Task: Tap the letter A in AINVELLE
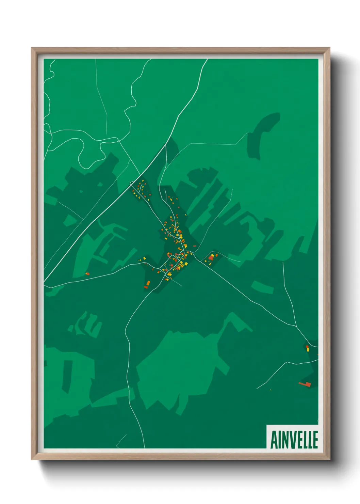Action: coord(274,440)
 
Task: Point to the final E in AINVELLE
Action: coord(315,440)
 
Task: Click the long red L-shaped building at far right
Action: coord(305,384)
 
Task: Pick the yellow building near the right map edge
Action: coord(308,349)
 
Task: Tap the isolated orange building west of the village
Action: coord(87,273)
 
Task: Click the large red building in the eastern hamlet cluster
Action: coord(211,258)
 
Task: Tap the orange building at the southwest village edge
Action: coord(148,283)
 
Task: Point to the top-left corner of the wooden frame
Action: coord(32,48)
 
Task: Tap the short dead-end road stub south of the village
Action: coord(178,283)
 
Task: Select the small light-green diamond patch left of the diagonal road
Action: coord(70,221)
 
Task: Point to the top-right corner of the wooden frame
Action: coord(329,48)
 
